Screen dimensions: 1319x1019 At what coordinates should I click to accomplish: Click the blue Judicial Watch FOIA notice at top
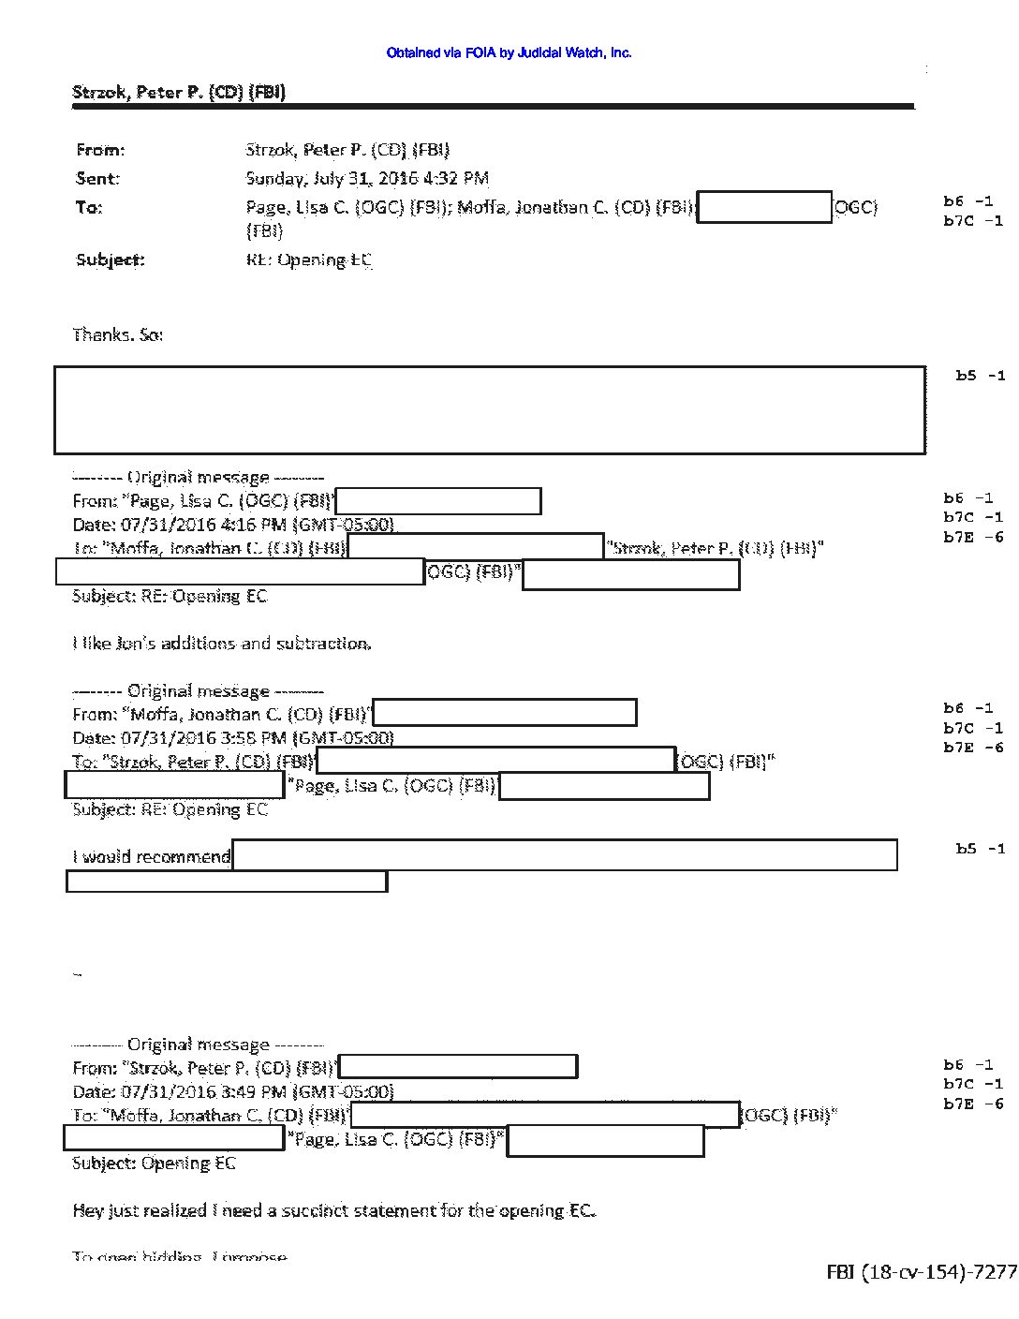point(509,53)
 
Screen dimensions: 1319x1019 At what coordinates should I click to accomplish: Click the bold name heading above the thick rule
point(179,92)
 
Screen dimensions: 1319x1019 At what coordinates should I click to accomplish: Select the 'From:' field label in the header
point(100,150)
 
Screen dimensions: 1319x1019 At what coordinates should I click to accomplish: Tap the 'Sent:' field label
point(97,178)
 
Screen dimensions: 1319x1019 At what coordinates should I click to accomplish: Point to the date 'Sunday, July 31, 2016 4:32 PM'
point(367,178)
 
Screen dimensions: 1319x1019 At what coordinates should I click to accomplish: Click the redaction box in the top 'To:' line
point(764,207)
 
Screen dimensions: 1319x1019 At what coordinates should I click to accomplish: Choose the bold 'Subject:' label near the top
point(111,259)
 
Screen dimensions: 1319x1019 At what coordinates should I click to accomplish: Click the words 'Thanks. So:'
point(118,334)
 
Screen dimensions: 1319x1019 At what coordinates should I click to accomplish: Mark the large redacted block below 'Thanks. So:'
point(490,410)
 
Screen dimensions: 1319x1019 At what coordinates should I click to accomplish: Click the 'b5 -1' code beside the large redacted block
point(980,376)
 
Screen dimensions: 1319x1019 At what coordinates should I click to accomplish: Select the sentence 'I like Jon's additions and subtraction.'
point(222,644)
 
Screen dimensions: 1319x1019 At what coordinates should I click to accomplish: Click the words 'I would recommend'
point(152,856)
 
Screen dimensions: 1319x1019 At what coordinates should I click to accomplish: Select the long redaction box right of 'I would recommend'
point(565,855)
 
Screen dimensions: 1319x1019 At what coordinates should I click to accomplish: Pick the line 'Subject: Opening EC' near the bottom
point(155,1163)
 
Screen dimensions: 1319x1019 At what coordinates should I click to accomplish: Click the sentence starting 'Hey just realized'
point(333,1210)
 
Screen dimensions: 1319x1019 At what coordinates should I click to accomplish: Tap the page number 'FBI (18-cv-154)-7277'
point(921,1271)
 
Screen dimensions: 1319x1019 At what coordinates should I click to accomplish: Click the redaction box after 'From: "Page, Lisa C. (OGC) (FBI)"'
point(438,501)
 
